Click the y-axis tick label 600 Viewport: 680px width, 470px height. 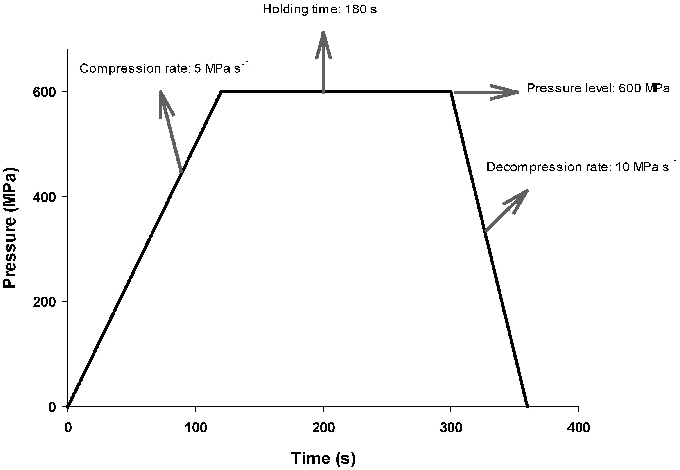point(44,92)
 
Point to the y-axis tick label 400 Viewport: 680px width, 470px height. point(44,197)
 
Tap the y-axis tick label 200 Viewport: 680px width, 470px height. point(44,302)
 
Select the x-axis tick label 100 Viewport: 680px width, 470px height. point(196,428)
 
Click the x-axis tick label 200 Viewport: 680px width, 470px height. point(323,428)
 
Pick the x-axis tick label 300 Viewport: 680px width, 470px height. point(451,428)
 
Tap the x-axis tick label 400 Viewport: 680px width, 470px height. point(578,428)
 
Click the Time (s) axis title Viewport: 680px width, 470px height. point(323,458)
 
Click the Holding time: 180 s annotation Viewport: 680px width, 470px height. point(319,9)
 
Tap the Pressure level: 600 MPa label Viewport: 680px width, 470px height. point(598,88)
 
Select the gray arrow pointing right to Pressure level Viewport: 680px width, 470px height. point(486,92)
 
